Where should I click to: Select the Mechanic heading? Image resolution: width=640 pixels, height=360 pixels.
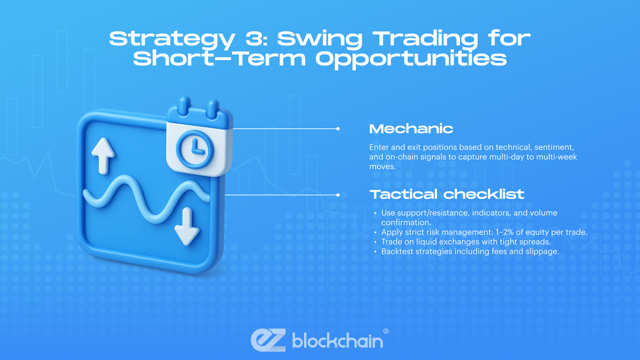411,129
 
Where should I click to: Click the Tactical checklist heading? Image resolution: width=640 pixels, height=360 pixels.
447,194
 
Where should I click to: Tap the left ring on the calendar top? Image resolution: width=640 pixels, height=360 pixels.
184,106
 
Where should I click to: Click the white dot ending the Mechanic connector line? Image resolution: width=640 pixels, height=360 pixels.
337,129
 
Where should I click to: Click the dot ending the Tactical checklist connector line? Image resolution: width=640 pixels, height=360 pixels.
337,194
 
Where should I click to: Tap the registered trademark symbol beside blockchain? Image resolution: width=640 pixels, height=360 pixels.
386,331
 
